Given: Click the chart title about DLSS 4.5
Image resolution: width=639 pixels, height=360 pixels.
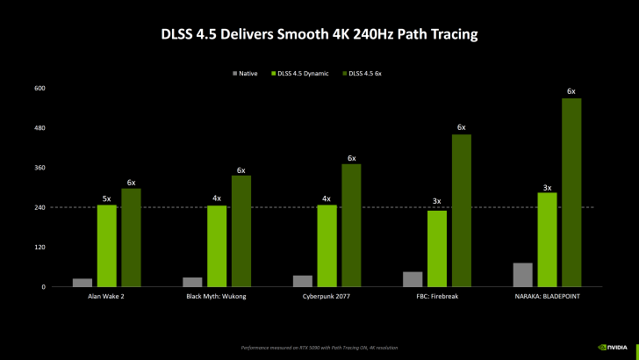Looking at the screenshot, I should (x=319, y=34).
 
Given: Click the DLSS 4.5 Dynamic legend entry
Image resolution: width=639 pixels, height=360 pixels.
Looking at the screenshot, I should (x=302, y=73).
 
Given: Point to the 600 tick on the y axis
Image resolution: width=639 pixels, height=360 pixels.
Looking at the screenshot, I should (x=39, y=89).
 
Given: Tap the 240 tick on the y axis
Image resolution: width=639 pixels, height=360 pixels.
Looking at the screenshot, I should (x=39, y=207).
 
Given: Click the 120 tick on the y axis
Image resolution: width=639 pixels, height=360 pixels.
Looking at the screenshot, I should (x=39, y=248).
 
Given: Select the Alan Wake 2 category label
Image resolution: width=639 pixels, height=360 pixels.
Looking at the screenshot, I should (x=107, y=297).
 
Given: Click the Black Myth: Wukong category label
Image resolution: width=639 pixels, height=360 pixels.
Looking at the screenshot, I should (x=217, y=297).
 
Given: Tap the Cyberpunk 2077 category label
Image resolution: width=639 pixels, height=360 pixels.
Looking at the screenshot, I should (x=327, y=297).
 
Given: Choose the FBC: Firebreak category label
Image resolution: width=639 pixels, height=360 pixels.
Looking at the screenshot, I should (x=436, y=297).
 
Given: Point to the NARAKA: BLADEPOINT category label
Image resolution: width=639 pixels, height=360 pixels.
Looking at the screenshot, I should (x=547, y=297).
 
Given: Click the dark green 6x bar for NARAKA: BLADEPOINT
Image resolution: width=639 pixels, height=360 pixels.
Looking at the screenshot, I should (x=571, y=192).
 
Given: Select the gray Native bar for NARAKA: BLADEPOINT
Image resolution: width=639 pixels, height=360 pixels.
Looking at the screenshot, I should (x=522, y=274).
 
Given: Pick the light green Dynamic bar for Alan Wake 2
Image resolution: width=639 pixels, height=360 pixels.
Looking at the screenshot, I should (x=107, y=245).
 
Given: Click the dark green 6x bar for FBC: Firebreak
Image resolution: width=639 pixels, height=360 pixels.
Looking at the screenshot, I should (x=461, y=210).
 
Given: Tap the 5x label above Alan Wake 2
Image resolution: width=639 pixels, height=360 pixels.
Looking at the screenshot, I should (x=107, y=198).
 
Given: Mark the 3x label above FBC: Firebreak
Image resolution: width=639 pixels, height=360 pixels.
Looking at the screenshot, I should (x=436, y=203).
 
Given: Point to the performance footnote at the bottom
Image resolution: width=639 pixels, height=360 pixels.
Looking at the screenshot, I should (x=319, y=348).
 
